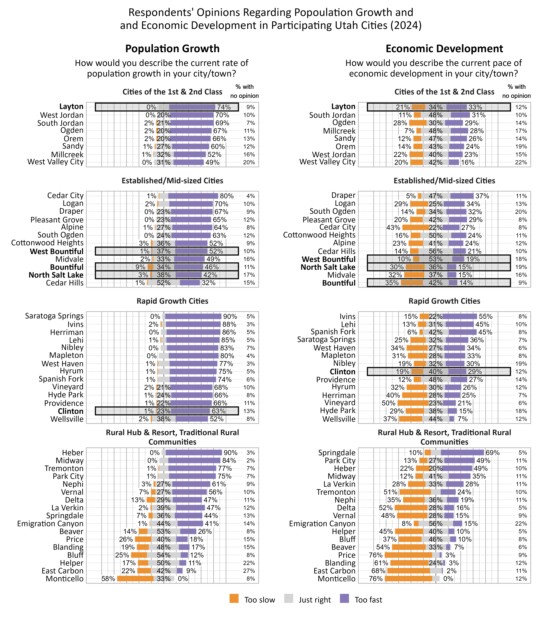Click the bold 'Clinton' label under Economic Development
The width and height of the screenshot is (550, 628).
point(343,372)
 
